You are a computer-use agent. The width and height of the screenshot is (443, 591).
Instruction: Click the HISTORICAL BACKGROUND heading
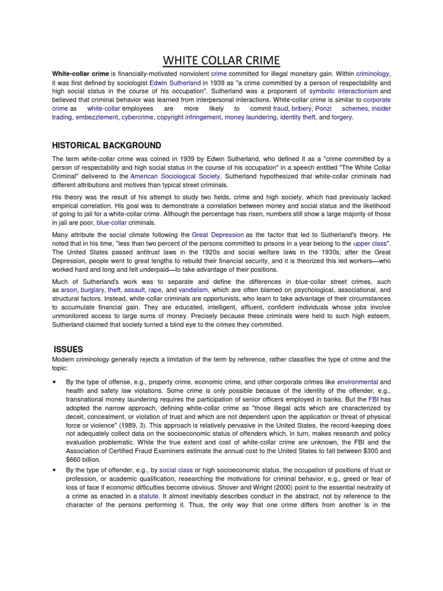(107, 145)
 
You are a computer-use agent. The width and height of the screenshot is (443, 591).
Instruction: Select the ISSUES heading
(69, 349)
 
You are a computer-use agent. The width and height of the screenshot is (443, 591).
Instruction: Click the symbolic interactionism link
(344, 91)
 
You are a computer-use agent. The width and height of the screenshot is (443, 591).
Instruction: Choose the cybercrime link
(137, 117)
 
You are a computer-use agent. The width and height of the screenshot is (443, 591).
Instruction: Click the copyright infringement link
(189, 117)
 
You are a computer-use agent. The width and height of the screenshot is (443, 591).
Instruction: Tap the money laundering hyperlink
(250, 117)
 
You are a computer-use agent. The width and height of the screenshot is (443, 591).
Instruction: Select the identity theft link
(298, 117)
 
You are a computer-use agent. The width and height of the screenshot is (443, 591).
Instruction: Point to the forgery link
(341, 117)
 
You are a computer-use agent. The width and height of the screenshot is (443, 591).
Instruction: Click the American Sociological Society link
(168, 176)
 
